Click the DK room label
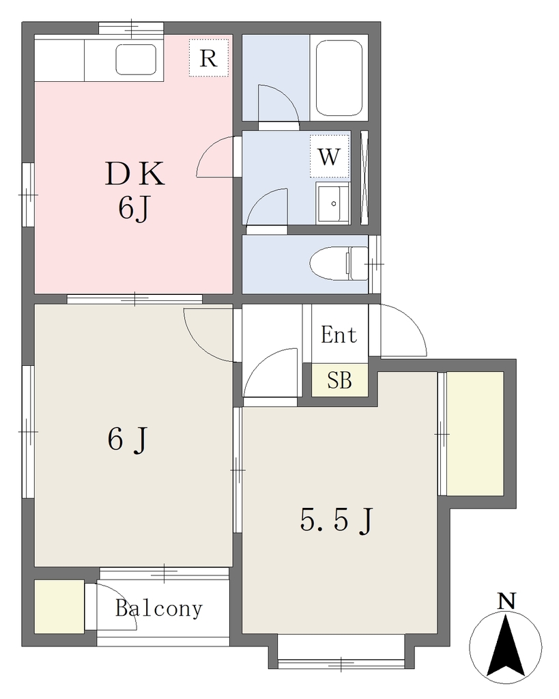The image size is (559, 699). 134,173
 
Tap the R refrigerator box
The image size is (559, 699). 209,58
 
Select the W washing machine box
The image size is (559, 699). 330,156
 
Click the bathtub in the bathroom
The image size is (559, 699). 339,78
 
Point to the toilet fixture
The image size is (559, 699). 339,263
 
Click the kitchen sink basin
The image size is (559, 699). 136,59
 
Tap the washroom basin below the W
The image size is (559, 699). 333,203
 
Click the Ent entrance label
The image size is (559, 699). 339,334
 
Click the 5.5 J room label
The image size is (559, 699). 336,519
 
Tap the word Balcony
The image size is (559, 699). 159,608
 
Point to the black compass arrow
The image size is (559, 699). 506,645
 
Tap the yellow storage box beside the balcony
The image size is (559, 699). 59,606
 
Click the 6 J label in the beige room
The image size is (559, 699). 128,440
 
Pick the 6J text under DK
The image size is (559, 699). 133,208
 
